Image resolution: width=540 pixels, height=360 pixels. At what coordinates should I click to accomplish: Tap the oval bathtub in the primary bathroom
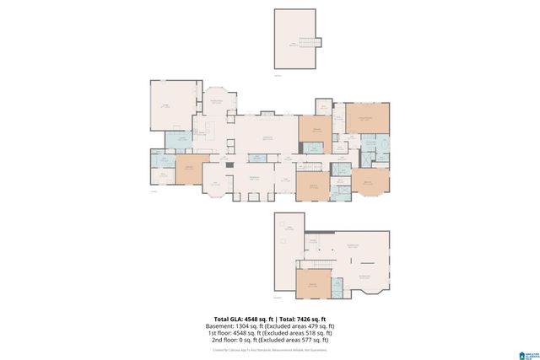pyautogui.click(x=384, y=155)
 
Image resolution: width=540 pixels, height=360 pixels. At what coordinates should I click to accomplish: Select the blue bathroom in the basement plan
pyautogui.click(x=337, y=287)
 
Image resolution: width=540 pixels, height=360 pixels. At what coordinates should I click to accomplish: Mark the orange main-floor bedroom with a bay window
pyautogui.click(x=369, y=181)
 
